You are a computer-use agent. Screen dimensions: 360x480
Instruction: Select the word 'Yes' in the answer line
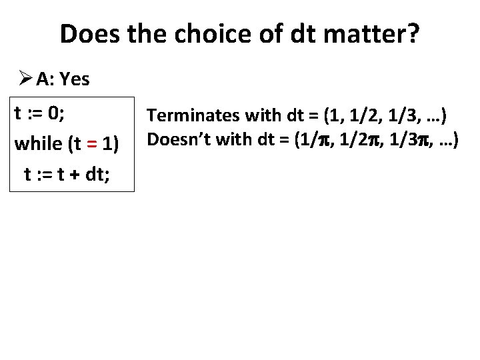coord(75,80)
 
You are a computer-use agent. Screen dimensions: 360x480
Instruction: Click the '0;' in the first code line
coord(55,113)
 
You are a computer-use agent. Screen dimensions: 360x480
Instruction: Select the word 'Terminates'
coord(191,116)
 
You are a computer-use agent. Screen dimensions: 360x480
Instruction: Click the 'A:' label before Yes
coord(46,80)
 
